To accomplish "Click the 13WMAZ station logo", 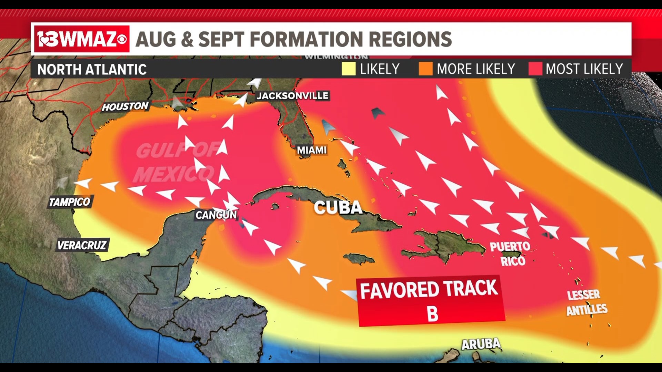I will coord(82,39).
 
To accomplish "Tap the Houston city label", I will coord(125,106).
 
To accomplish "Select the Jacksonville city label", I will coord(292,95).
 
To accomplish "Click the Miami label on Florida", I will coord(312,150).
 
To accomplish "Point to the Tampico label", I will coord(70,202).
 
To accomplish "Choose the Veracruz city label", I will coord(82,245).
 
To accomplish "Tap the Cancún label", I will coord(216,215).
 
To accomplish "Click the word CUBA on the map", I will coord(338,208).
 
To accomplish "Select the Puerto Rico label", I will coord(511,254).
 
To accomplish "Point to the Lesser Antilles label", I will coord(586,302).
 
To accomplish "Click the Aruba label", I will coord(481,344).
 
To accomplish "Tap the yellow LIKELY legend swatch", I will coord(348,69).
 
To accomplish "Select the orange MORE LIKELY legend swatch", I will coord(425,69).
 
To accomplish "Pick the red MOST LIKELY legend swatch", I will coord(535,69).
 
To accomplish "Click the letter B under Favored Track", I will coord(432,314).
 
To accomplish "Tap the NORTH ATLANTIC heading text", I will coord(92,70).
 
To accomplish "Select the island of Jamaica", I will coord(359,258).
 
